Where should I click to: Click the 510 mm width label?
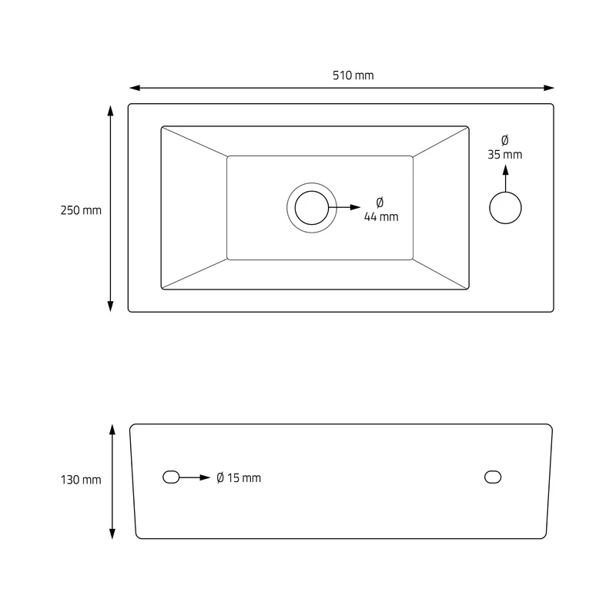tap(353, 75)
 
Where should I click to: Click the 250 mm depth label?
tap(81, 210)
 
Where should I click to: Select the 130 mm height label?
tap(81, 480)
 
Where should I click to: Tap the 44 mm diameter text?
tap(381, 216)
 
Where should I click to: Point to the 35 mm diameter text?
tap(505, 155)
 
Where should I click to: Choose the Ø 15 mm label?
tap(239, 477)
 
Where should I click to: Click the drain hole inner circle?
tap(312, 208)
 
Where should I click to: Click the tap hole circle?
tap(506, 208)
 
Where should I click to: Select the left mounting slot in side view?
tap(171, 477)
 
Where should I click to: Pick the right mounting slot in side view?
tap(493, 477)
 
